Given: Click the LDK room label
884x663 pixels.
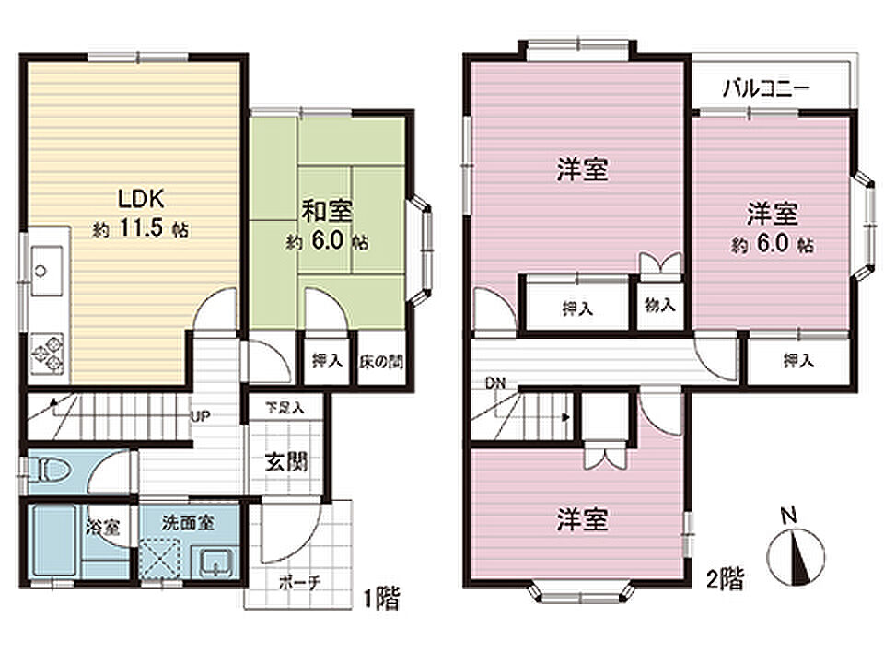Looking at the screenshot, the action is (141, 199).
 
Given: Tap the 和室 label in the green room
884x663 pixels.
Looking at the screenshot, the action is (327, 212).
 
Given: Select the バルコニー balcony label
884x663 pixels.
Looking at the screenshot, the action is (767, 88).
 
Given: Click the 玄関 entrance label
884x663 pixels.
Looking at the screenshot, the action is (286, 462).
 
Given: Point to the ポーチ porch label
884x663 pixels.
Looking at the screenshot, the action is (300, 582).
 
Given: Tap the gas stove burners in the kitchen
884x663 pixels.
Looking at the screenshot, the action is (47, 354).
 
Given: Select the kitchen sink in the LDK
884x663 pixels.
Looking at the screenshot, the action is (46, 270).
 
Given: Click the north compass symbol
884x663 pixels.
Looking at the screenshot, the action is (796, 555).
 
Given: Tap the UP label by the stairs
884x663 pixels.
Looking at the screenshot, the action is (201, 416).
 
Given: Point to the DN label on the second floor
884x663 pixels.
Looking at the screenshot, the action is (496, 383).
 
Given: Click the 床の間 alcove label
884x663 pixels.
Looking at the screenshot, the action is (381, 361).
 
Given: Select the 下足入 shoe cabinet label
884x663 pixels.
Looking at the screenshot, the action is (285, 406).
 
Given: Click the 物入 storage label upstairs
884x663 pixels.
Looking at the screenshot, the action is (659, 305).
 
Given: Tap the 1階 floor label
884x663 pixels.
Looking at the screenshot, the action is (381, 599).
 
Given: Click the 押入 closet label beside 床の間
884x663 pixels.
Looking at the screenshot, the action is (328, 361).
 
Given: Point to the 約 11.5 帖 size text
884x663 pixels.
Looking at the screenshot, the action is (141, 228).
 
